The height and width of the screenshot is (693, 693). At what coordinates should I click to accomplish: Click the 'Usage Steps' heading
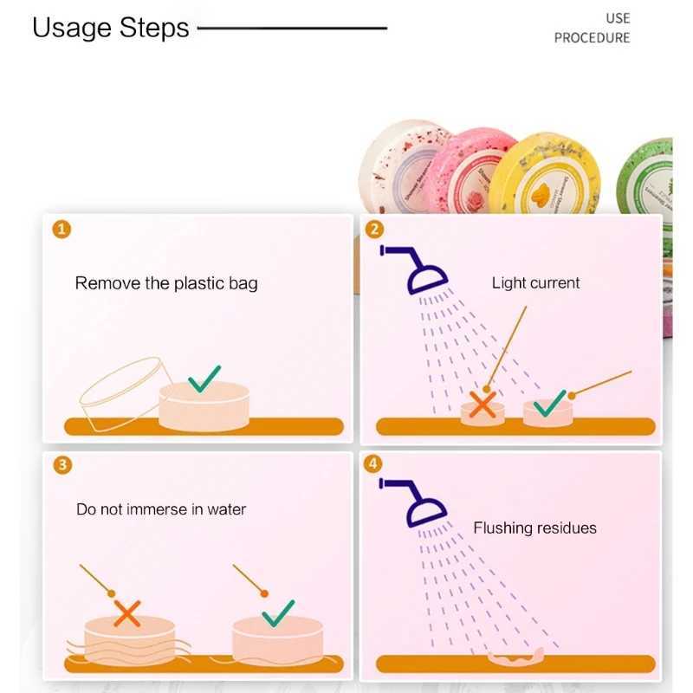[111, 28]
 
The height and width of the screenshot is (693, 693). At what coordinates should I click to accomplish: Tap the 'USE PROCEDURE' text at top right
[592, 28]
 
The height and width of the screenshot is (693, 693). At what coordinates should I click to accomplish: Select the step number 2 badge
[374, 229]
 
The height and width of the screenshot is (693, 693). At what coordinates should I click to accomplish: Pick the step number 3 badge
[62, 464]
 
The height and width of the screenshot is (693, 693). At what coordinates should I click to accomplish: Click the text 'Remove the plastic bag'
[166, 283]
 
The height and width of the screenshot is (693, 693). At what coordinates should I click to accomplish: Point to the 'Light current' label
[535, 283]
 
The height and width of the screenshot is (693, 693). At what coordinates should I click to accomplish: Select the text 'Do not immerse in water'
[161, 509]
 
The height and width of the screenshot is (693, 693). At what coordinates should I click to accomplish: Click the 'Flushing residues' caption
[534, 528]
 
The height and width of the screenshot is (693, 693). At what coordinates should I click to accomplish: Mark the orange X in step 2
[482, 405]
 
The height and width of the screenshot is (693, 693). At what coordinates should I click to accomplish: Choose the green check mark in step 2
[549, 403]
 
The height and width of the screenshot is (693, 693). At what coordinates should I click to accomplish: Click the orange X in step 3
[127, 615]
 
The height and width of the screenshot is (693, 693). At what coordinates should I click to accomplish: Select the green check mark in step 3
[277, 612]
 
